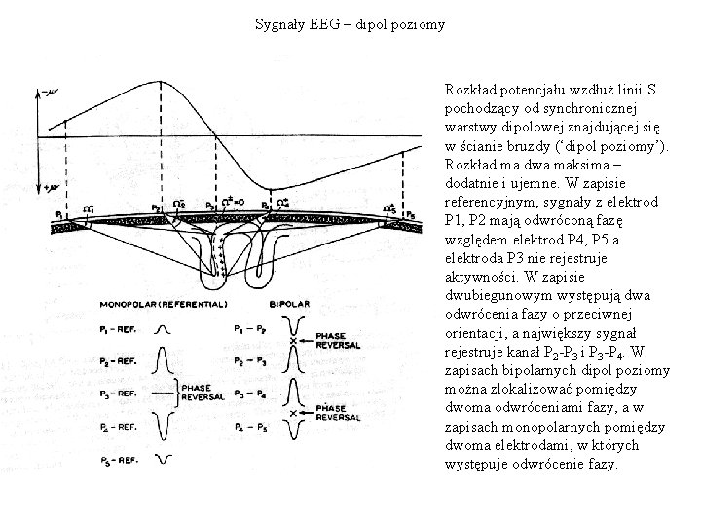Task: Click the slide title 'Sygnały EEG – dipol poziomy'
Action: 350,22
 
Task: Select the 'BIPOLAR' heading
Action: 290,304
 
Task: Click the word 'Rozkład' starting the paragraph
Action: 469,89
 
